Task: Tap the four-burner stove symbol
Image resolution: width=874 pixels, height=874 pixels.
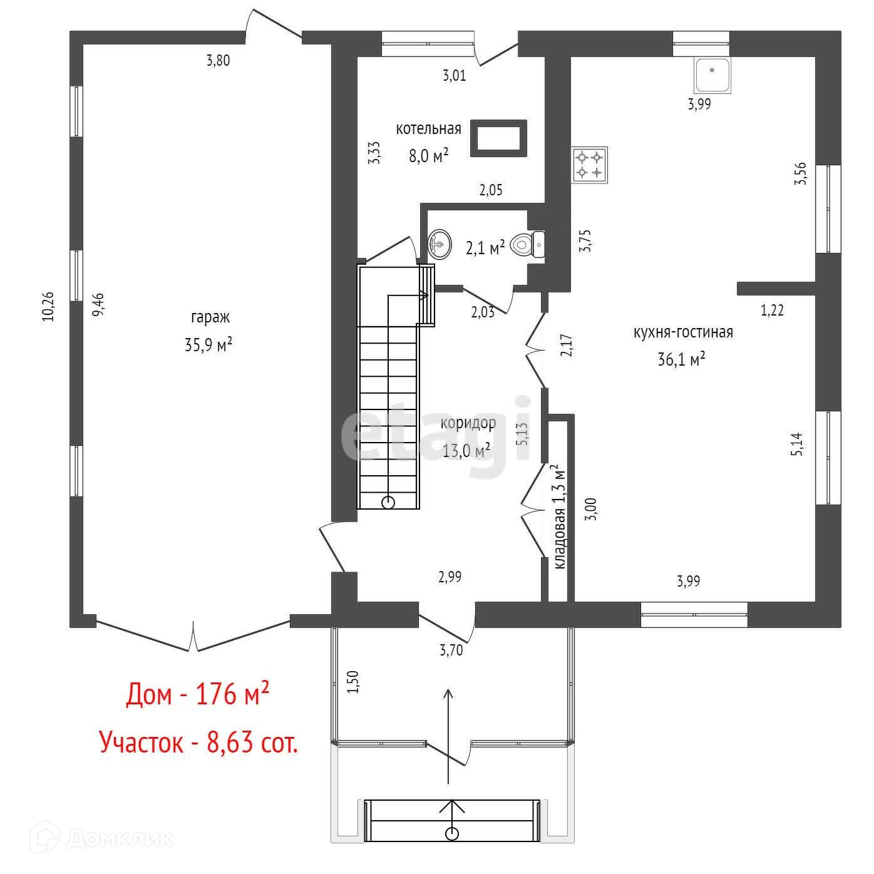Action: tap(589, 165)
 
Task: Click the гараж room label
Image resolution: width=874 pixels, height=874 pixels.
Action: tap(210, 317)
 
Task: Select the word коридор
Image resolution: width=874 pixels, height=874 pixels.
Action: tap(468, 423)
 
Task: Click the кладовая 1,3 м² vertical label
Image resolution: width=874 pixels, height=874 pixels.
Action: tap(560, 517)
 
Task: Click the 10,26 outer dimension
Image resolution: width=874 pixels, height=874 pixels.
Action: tap(48, 307)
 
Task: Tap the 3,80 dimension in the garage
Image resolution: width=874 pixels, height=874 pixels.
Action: tap(218, 61)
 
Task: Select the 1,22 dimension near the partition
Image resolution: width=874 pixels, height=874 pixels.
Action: tap(772, 310)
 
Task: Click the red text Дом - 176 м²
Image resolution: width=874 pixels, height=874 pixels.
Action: tap(198, 694)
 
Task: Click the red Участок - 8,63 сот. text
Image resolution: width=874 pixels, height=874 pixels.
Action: tap(198, 743)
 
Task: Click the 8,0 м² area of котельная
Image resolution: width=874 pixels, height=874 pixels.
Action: tap(429, 155)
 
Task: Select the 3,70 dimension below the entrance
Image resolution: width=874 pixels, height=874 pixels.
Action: tap(451, 650)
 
